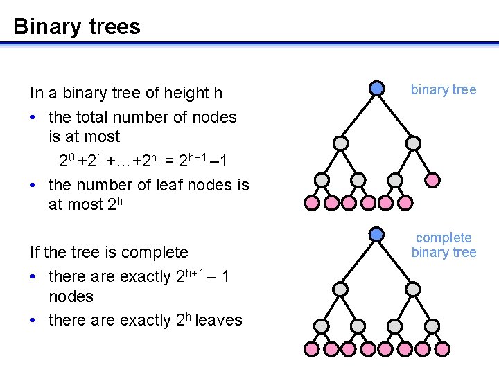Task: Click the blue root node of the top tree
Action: coord(376,89)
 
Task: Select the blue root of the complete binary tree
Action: coord(376,235)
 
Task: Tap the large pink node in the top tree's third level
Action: coord(431,180)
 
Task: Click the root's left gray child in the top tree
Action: coord(340,143)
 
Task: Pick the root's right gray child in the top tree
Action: coord(413,143)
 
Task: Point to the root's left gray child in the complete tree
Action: coord(340,289)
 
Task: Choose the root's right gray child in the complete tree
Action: coord(413,289)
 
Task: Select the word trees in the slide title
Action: coord(113,27)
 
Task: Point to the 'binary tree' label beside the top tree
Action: coord(444,89)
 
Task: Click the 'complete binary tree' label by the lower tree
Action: coord(444,245)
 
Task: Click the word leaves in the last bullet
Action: coord(219,320)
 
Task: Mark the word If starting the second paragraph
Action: coord(35,252)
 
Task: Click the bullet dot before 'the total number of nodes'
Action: coord(35,118)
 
